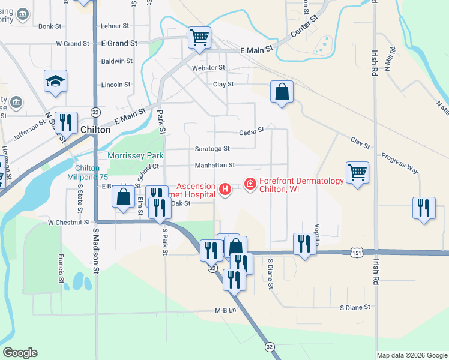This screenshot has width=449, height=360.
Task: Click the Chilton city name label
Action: point(94,129)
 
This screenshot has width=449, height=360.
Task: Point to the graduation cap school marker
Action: point(55,82)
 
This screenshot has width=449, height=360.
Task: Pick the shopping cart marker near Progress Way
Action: point(357,173)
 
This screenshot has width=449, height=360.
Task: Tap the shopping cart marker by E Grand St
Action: point(199,37)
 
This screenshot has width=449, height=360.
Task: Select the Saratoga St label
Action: point(212,149)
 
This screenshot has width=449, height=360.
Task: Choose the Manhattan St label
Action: point(214,165)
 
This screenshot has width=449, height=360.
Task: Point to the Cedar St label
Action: point(252,130)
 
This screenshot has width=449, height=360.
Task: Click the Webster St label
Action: point(208,68)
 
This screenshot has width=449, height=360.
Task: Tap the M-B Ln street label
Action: point(226,311)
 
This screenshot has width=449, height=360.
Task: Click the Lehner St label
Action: point(115,26)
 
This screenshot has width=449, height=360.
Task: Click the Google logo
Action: point(20,353)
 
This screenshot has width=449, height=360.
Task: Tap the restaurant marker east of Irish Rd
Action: point(424,208)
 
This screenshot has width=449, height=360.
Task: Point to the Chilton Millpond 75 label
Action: point(92,173)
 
